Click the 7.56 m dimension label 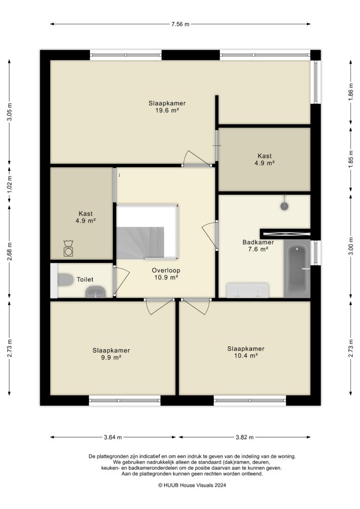click(180, 24)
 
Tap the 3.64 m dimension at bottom click(112, 437)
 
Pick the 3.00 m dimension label click(351, 247)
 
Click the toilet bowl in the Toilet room click(65, 280)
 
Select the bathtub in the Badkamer click(296, 268)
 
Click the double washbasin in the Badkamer click(248, 290)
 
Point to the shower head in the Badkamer click(284, 204)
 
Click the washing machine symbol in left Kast click(68, 249)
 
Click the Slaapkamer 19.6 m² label click(167, 107)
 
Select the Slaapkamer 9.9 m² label click(111, 353)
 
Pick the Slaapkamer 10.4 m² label click(246, 351)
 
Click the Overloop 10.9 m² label click(166, 274)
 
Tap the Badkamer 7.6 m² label click(258, 246)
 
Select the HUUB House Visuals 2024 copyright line click(180, 485)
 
